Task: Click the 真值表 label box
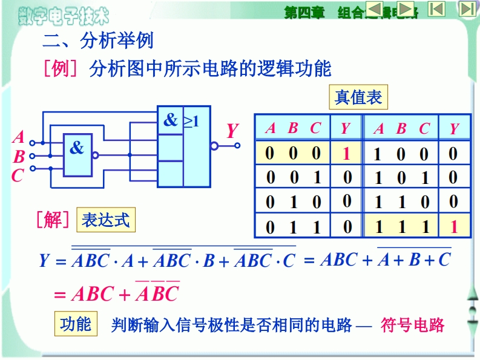pyautogui.click(x=358, y=97)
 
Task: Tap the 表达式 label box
pyautogui.click(x=106, y=219)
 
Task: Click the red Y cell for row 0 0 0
pyautogui.click(x=346, y=153)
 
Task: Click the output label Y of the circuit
pyautogui.click(x=232, y=131)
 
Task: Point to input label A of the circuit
pyautogui.click(x=18, y=137)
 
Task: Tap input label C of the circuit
pyautogui.click(x=18, y=176)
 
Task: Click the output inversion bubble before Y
pyautogui.click(x=214, y=145)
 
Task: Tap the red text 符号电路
pyautogui.click(x=413, y=326)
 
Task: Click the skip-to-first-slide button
pyautogui.click(x=436, y=8)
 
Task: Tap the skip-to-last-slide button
pyautogui.click(x=467, y=8)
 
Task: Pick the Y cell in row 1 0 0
pyautogui.click(x=453, y=154)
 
